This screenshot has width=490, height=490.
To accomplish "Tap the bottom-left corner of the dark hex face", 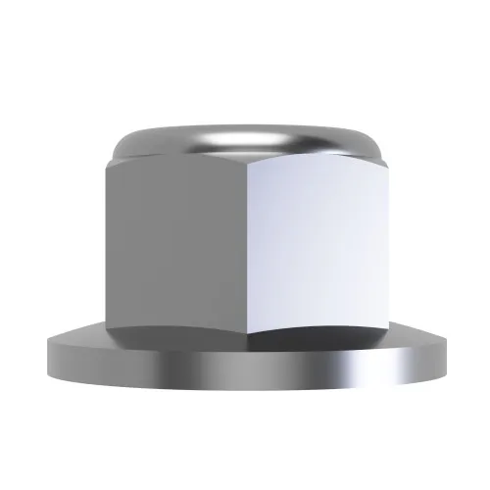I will [x=113, y=328].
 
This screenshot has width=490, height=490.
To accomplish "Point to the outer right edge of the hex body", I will [x=385, y=245].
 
